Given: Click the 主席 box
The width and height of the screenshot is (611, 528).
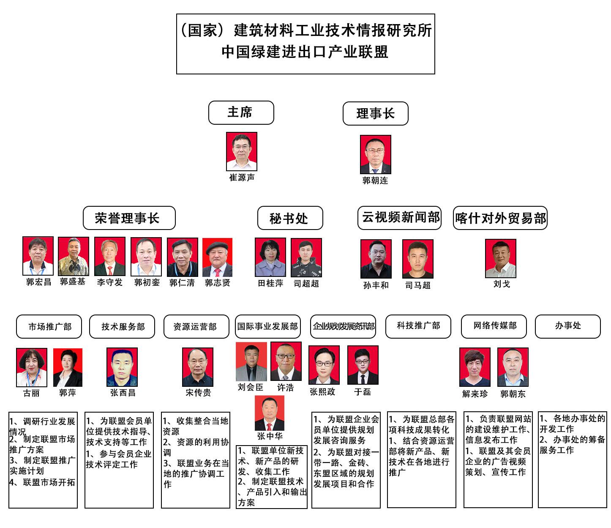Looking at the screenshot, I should [x=241, y=112].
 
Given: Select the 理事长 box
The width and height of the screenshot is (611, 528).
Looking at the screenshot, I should [x=375, y=113].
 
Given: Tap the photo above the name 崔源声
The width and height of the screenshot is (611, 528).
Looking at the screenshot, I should [x=241, y=151].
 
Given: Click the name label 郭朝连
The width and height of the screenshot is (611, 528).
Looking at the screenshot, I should [x=375, y=181].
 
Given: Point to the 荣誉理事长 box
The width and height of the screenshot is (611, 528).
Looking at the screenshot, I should [x=129, y=218].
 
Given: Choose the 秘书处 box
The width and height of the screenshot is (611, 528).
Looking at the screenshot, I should [x=290, y=218].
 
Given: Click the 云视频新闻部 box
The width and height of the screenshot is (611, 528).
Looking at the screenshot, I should [x=399, y=218].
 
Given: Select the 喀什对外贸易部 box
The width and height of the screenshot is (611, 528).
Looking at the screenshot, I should [x=500, y=218].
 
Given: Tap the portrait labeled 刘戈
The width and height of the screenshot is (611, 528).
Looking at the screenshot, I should [x=501, y=258].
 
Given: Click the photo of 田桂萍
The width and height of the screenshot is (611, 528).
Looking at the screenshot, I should [x=270, y=257].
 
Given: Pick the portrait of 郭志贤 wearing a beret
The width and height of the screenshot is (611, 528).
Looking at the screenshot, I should [x=217, y=257].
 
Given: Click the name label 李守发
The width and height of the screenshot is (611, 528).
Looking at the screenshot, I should [x=110, y=282].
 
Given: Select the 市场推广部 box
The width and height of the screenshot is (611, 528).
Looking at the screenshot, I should [x=49, y=326].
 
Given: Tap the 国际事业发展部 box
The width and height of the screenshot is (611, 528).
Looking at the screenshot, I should [x=268, y=326].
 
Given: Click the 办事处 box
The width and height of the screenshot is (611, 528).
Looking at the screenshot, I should [x=567, y=326].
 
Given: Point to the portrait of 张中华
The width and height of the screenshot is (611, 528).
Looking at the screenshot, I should [x=270, y=413].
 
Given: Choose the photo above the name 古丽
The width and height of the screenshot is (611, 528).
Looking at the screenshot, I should [x=31, y=367].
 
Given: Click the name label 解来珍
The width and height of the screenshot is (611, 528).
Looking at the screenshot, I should [x=475, y=394].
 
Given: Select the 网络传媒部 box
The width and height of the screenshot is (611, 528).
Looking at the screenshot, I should [x=494, y=326].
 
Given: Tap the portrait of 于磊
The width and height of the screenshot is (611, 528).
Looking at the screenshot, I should [x=363, y=365].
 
